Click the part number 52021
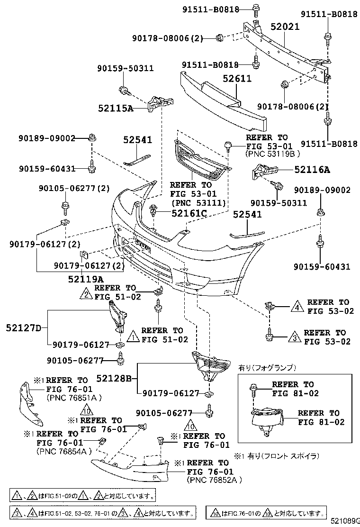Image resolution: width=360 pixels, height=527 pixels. (285, 27)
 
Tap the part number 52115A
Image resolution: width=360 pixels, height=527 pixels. (116, 108)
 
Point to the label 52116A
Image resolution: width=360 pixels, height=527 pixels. (312, 169)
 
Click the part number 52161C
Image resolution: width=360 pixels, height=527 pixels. (189, 214)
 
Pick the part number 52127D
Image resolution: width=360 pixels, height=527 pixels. (24, 327)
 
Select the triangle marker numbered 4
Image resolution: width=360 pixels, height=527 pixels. (296, 307)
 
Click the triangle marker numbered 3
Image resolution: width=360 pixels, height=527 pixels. (293, 337)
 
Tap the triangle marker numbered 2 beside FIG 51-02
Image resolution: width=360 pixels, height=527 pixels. (85, 295)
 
